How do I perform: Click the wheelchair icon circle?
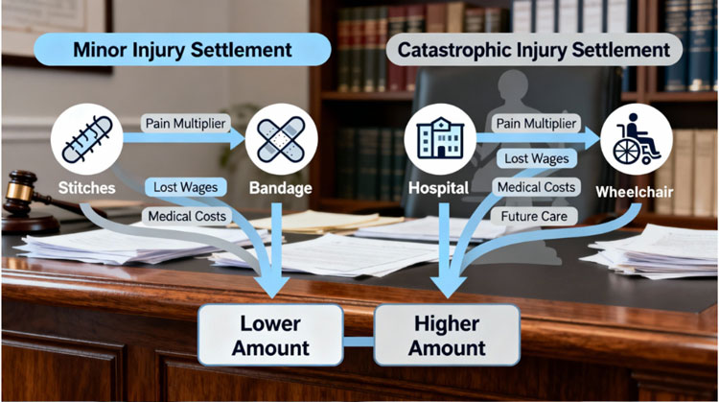636,140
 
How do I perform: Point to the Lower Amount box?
270,333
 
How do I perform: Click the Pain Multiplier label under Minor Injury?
185,124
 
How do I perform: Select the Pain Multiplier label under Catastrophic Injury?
536,124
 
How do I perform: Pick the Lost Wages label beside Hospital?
536,157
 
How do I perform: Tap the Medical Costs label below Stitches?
185,217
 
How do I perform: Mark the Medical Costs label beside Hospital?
536,186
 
